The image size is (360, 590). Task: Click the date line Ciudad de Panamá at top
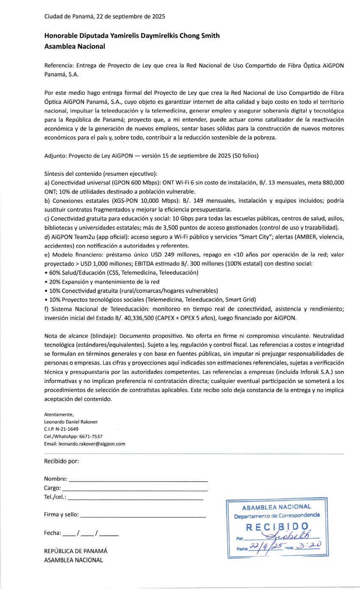(x=105, y=17)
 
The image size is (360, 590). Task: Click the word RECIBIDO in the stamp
(x=277, y=527)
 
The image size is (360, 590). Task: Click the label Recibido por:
(x=61, y=461)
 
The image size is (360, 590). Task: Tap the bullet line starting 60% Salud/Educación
(x=121, y=272)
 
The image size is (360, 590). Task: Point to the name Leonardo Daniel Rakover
(x=71, y=422)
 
